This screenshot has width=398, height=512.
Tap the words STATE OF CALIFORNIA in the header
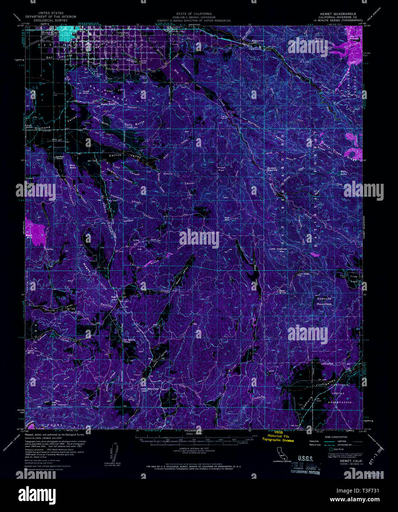point(199,13)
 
